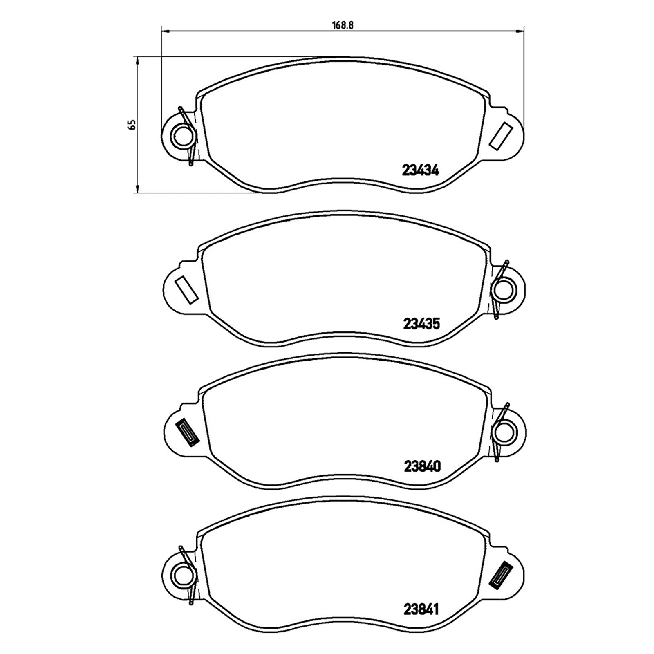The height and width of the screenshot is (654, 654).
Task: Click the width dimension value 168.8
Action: pyautogui.click(x=343, y=25)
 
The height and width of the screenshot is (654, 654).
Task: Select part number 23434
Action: pyautogui.click(x=421, y=170)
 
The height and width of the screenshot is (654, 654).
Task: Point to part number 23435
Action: pyautogui.click(x=421, y=324)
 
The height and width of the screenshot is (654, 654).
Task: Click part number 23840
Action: pyautogui.click(x=422, y=466)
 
